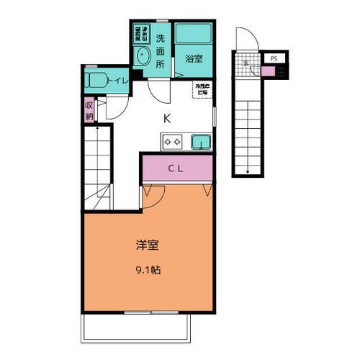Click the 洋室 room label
[147, 246]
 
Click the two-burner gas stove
[173, 143]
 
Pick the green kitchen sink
[201, 142]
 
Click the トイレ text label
[119, 81]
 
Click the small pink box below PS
[268, 71]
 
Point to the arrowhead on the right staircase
[247, 171]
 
